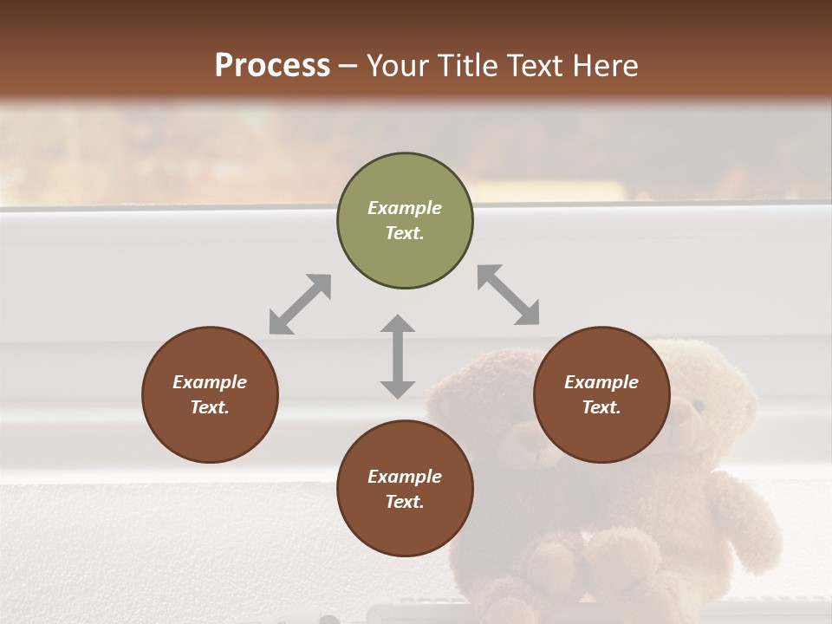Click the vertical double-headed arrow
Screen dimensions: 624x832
point(398,356)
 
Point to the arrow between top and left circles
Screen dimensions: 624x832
point(300,304)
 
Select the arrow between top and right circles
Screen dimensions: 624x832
point(509,295)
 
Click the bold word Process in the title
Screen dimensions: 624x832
point(272,65)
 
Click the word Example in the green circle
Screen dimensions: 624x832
point(405,208)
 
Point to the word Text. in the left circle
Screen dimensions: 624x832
point(210,407)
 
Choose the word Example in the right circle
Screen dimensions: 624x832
point(601,382)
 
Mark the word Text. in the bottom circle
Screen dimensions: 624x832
point(405,502)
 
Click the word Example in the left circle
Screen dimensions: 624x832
point(210,382)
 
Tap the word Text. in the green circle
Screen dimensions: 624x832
point(405,233)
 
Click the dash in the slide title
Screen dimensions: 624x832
point(348,66)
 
